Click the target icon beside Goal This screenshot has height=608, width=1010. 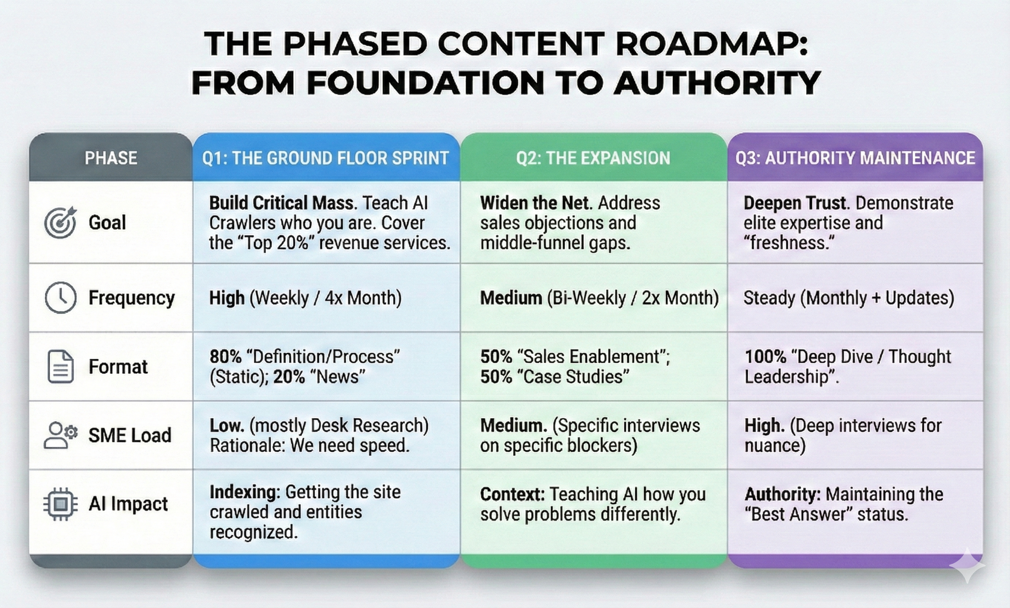click(x=60, y=222)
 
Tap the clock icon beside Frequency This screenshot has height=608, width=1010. click(x=60, y=298)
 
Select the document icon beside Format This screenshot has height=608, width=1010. click(x=60, y=366)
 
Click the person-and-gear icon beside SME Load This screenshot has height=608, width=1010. click(x=60, y=435)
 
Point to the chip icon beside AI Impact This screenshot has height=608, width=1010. click(x=60, y=504)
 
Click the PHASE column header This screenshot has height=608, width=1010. click(x=111, y=158)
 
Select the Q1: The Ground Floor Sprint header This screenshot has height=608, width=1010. click(x=326, y=158)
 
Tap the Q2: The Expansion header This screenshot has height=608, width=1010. click(x=593, y=158)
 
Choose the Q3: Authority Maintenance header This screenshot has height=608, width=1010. click(x=855, y=158)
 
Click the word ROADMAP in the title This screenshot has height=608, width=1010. click(x=711, y=44)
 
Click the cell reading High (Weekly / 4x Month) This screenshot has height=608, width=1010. click(x=305, y=298)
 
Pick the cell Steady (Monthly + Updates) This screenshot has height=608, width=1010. click(x=848, y=298)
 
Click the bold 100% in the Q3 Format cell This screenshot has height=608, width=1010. click(x=765, y=356)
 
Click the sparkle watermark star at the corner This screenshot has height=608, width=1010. click(x=967, y=565)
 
